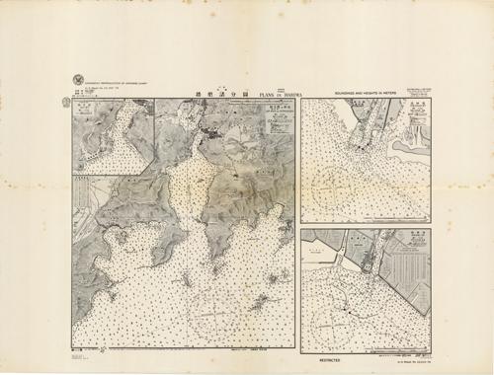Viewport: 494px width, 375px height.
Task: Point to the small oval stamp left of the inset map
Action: click(x=65, y=100)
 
